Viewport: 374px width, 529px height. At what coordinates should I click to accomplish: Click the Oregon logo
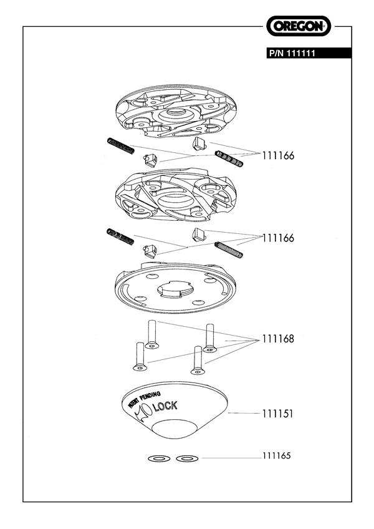299,26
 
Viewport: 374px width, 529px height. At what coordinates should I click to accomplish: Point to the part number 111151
277,414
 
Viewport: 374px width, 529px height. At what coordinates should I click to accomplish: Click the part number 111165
277,456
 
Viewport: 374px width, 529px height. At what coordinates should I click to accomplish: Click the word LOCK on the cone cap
165,406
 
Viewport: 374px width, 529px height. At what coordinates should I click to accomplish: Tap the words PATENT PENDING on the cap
144,400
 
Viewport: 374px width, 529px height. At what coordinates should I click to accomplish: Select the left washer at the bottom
158,459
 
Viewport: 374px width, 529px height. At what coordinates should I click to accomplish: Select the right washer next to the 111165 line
185,459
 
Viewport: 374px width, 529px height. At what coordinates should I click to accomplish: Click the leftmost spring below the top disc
124,145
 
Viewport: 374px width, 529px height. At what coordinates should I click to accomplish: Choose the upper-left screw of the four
151,334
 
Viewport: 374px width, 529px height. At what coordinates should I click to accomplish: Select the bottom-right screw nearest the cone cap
198,359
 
